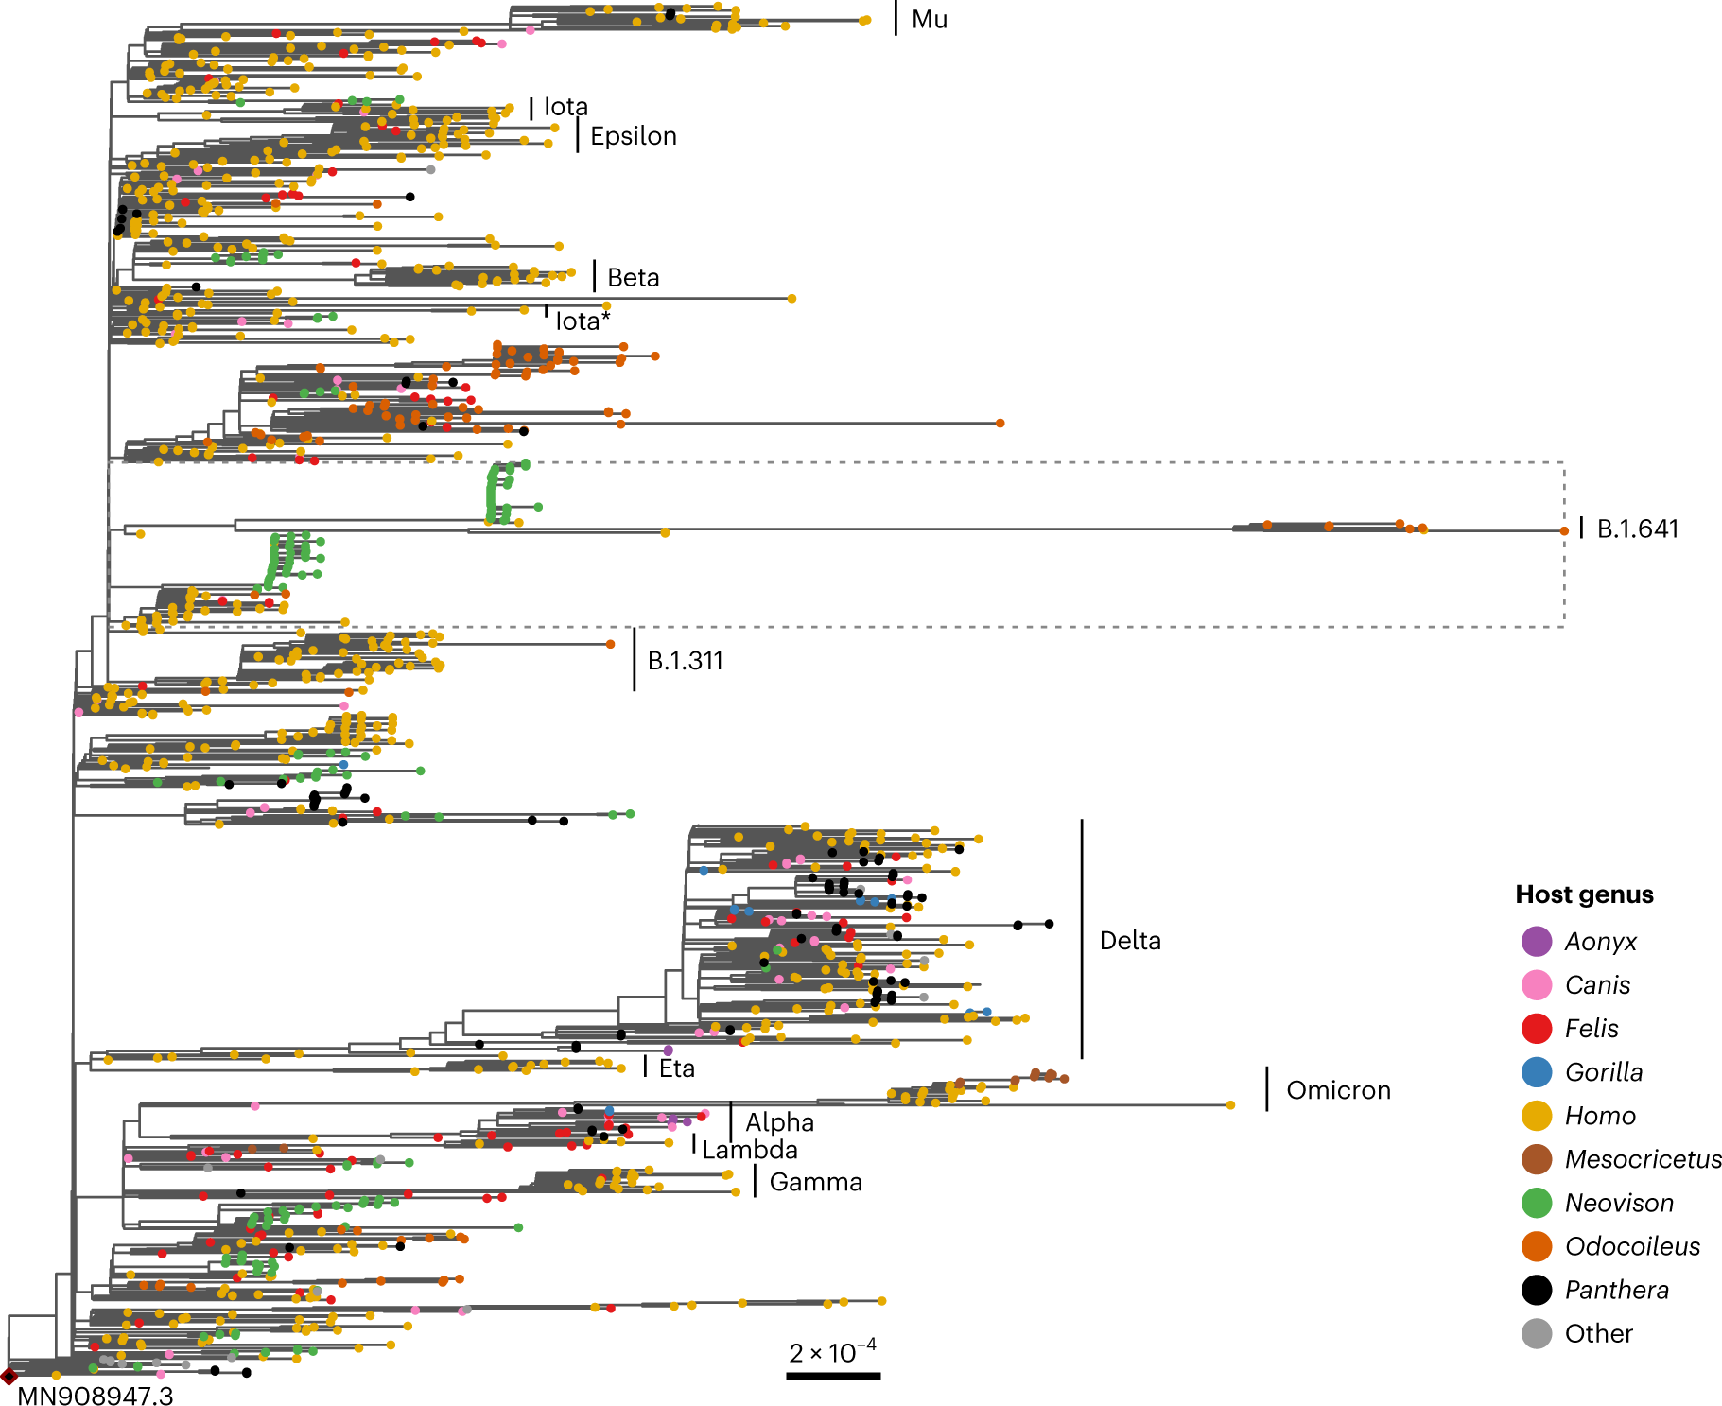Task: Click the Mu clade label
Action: tap(929, 20)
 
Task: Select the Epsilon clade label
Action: tap(633, 136)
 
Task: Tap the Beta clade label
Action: tap(633, 278)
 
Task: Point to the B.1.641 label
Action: tap(1637, 529)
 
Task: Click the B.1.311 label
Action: tap(685, 661)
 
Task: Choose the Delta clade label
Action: tap(1130, 941)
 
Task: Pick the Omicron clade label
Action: tap(1338, 1090)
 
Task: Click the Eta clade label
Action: tap(676, 1068)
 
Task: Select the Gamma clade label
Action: tap(815, 1182)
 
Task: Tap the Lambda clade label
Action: tap(750, 1150)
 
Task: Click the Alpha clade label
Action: tap(779, 1122)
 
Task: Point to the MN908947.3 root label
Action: tap(95, 1396)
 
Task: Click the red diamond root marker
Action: tap(9, 1376)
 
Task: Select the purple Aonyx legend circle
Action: tap(1537, 942)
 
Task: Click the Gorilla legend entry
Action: tap(1603, 1072)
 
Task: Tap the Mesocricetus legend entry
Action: tap(1643, 1159)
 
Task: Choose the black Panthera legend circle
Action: tap(1537, 1290)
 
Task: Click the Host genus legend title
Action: tap(1584, 894)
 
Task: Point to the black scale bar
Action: tap(833, 1376)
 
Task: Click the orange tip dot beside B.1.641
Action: tap(1564, 531)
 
